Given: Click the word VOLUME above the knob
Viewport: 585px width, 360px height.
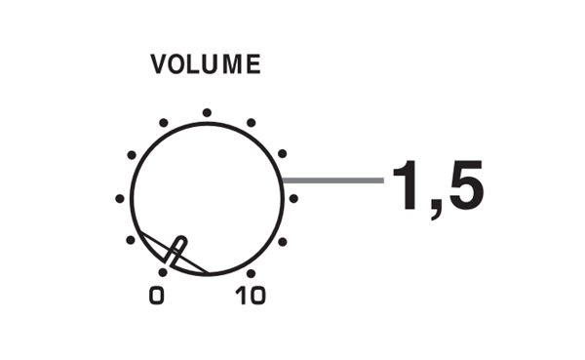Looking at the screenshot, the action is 206,63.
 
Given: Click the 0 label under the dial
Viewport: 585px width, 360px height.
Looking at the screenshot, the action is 157,296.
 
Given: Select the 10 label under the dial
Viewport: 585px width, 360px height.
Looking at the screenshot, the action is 251,296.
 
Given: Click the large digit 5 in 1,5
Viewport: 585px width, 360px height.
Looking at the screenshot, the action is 466,185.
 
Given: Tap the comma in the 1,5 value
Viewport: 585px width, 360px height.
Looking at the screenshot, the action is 436,210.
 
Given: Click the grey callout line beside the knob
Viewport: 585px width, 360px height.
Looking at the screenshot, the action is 332,180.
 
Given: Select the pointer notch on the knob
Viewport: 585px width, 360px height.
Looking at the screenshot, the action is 176,251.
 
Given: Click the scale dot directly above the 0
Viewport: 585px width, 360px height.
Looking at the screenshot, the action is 163,272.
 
